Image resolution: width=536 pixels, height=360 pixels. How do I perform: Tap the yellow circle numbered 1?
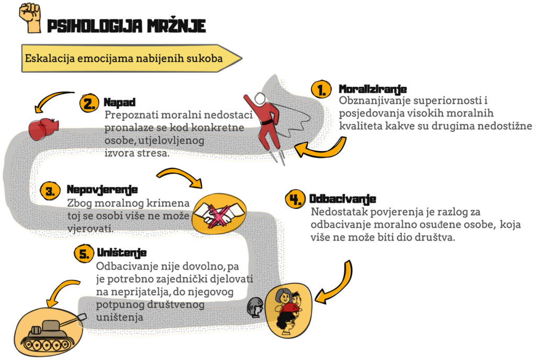[x=321, y=89]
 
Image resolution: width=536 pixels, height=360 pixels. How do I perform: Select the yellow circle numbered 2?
[x=89, y=103]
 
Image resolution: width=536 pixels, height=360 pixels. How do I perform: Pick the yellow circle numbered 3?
[x=50, y=191]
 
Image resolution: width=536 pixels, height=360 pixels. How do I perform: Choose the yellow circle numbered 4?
[x=295, y=199]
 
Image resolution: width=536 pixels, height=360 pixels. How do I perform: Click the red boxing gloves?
[x=43, y=129]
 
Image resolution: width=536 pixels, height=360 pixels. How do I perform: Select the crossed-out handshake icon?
[x=219, y=214]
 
